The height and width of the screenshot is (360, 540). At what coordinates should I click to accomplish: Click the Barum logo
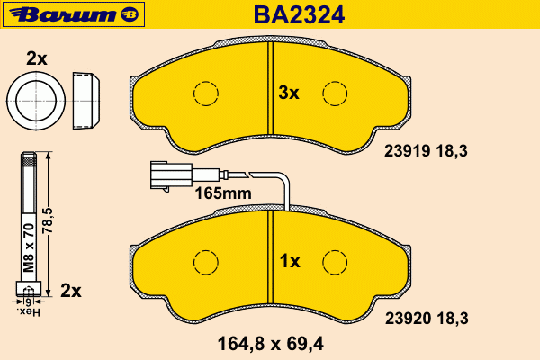[74, 14]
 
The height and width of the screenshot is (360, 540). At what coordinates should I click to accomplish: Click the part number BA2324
[299, 15]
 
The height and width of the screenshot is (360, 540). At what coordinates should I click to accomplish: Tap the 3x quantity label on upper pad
[289, 93]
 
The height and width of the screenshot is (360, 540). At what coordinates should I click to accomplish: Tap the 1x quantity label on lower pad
[290, 262]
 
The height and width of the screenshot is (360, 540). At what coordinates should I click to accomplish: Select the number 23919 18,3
[426, 151]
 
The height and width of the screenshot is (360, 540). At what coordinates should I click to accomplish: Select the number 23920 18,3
[427, 319]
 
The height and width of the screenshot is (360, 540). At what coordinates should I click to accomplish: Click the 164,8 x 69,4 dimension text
[271, 344]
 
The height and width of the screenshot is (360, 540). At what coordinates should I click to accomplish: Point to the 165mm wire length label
[223, 193]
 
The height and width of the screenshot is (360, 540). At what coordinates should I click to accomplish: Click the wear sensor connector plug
[171, 175]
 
